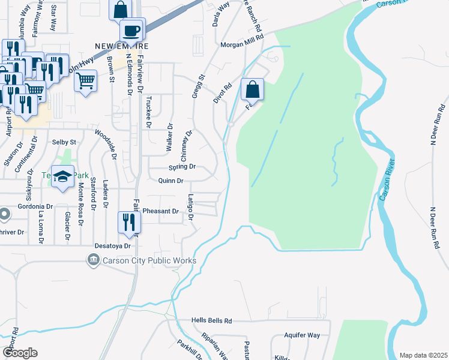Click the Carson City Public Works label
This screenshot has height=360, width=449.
tap(149, 260)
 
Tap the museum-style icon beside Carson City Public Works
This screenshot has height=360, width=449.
tap(93, 260)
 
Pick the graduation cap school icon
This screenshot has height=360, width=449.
tap(62, 177)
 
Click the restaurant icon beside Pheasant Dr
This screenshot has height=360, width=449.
tap(130, 222)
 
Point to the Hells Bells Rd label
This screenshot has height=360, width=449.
tap(211, 321)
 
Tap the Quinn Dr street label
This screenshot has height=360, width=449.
tap(170, 180)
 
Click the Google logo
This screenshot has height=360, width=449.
tap(20, 353)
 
